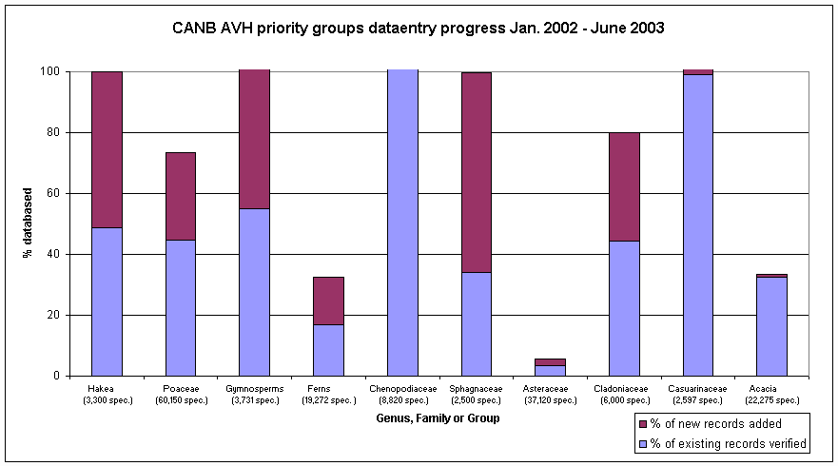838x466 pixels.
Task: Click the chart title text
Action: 419,28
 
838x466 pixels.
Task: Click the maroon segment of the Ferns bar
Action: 328,301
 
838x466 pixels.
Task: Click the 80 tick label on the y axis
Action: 55,132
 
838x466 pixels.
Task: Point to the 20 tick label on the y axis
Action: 55,315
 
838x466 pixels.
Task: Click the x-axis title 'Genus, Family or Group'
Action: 438,417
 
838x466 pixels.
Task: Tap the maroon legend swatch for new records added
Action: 645,423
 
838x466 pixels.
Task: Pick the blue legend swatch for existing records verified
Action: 645,442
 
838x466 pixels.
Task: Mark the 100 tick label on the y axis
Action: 52,71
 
